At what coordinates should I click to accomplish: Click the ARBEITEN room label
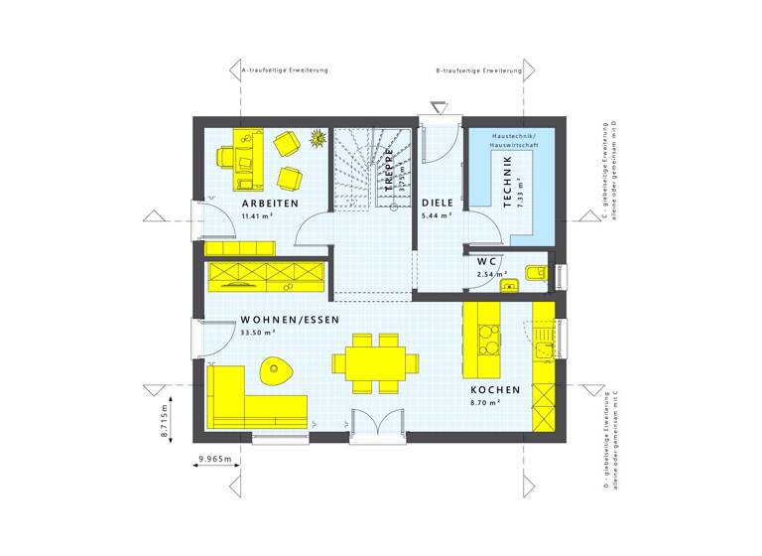point(270,203)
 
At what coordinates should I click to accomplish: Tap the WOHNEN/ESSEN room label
point(290,320)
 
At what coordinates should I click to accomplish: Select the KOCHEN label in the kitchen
point(493,390)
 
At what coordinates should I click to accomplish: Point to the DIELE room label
point(437,202)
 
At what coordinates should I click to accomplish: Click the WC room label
point(487,262)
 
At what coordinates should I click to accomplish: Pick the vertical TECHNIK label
point(507,182)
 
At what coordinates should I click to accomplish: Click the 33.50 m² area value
point(257,333)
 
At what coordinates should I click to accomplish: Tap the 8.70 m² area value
point(486,403)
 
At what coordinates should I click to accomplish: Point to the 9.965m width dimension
point(214,459)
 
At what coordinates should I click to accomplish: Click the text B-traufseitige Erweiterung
point(479,71)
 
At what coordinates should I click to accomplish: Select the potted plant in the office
point(318,139)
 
